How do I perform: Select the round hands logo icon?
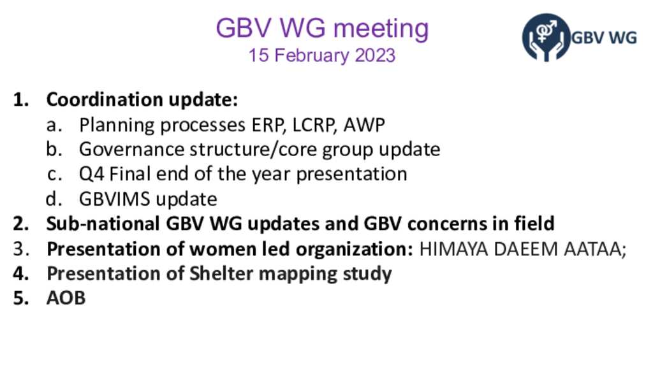pos(546,38)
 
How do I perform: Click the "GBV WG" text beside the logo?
pos(604,38)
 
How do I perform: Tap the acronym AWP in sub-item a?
pos(364,125)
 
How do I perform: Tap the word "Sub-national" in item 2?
pos(103,224)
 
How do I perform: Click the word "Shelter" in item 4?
pos(221,273)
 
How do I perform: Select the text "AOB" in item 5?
pos(66,298)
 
